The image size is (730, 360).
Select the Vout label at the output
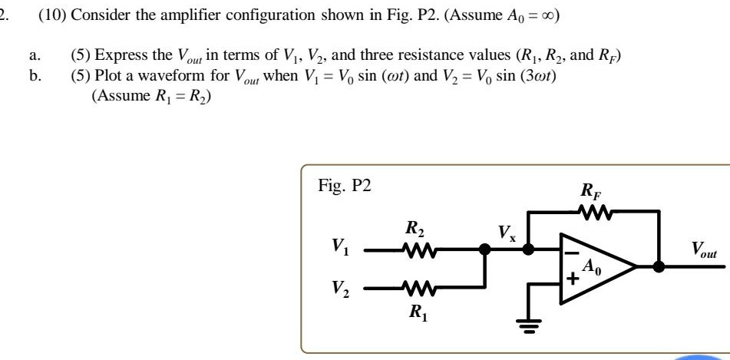(704, 249)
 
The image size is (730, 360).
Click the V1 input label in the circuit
(339, 247)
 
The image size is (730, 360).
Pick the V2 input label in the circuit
(339, 287)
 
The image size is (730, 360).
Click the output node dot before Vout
(658, 266)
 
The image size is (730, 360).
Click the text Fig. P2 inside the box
(344, 185)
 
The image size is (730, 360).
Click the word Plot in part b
(107, 78)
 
